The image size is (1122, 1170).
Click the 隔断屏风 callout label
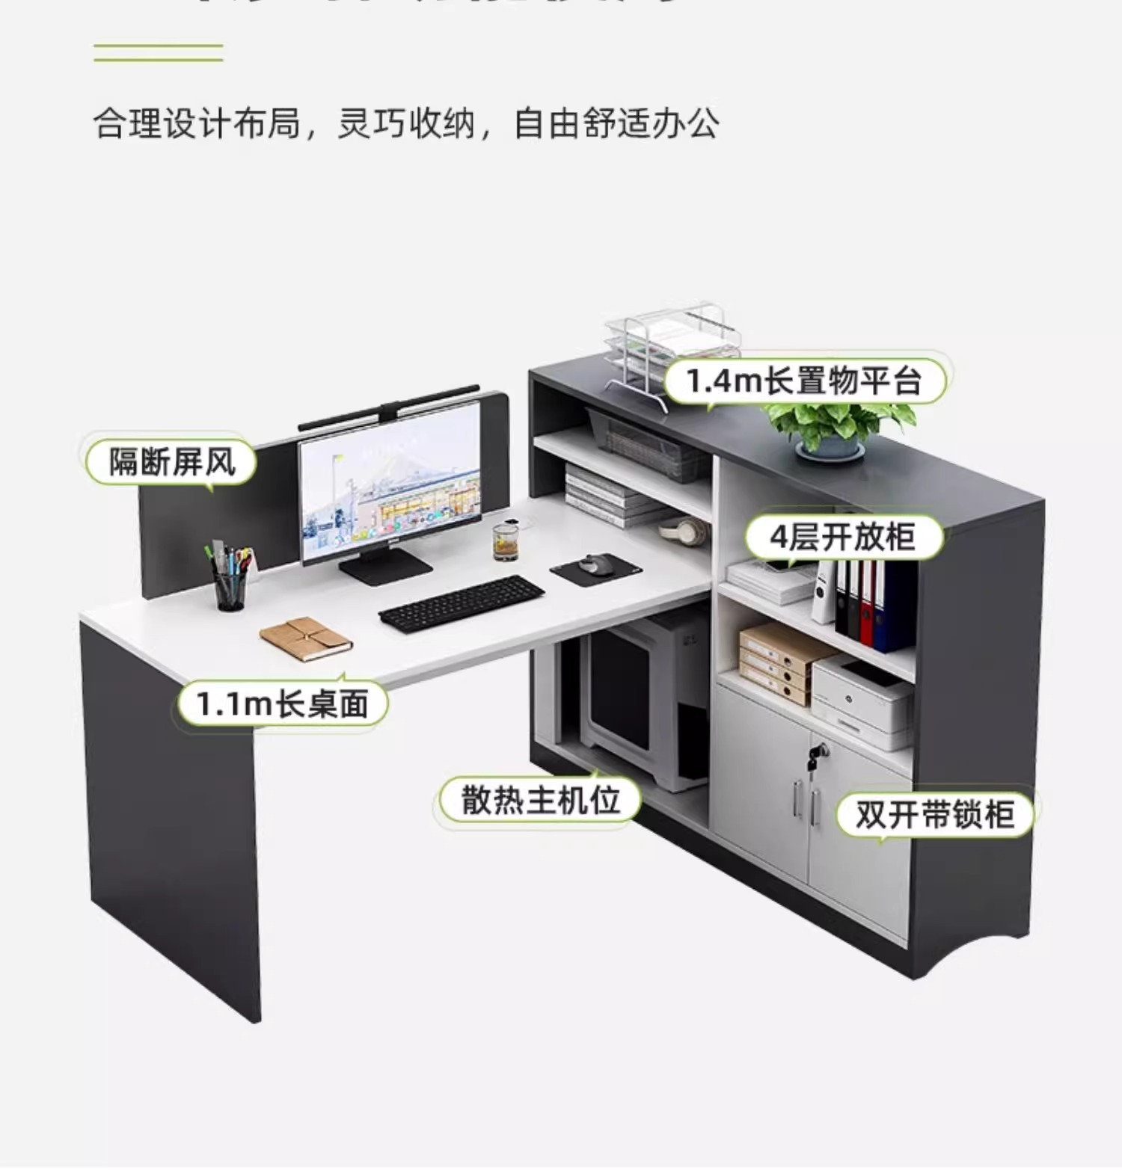click(x=171, y=461)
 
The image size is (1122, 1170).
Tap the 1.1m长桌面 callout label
click(x=283, y=703)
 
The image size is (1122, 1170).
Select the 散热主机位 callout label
click(x=540, y=800)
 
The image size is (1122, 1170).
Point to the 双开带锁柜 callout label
click(x=934, y=813)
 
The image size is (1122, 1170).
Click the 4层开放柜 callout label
click(x=843, y=536)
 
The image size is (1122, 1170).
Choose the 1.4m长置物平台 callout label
click(x=804, y=381)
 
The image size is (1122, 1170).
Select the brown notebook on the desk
click(x=305, y=638)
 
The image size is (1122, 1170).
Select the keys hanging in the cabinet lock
click(x=815, y=755)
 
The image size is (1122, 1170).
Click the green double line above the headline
click(x=159, y=52)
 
